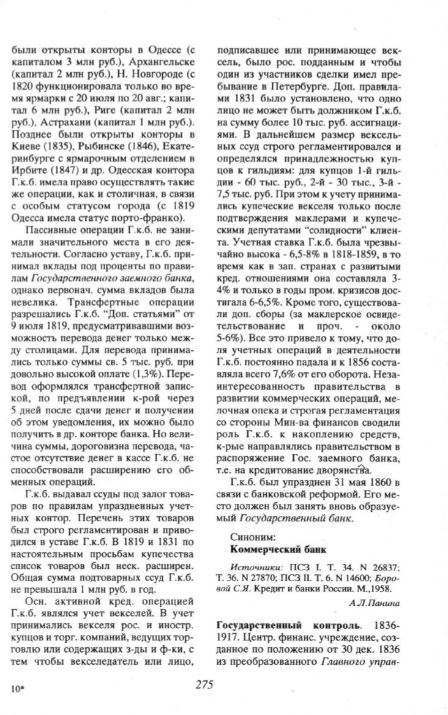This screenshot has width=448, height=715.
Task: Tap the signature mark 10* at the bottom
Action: pos(17,689)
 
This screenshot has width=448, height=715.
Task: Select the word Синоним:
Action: pos(242,536)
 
